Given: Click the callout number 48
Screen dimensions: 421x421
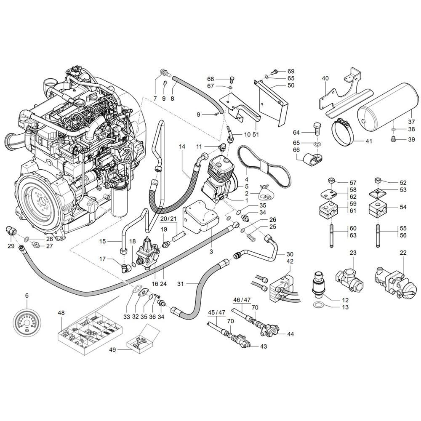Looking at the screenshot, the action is (61, 313).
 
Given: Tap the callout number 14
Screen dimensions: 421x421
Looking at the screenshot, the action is (182, 147).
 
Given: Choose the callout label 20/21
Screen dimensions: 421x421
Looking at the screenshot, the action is (169, 219).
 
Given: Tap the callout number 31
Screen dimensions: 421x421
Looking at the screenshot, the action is (181, 283).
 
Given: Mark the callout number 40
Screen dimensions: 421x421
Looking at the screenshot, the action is (325, 78).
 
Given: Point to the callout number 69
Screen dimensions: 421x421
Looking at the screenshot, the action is (291, 72).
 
